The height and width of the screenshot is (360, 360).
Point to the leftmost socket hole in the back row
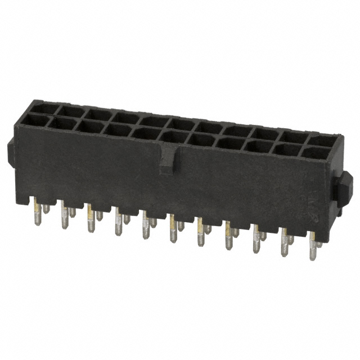click(x=43, y=106)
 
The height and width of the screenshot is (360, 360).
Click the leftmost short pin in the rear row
click(x=46, y=209)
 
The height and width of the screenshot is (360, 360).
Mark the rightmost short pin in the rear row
click(x=319, y=244)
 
